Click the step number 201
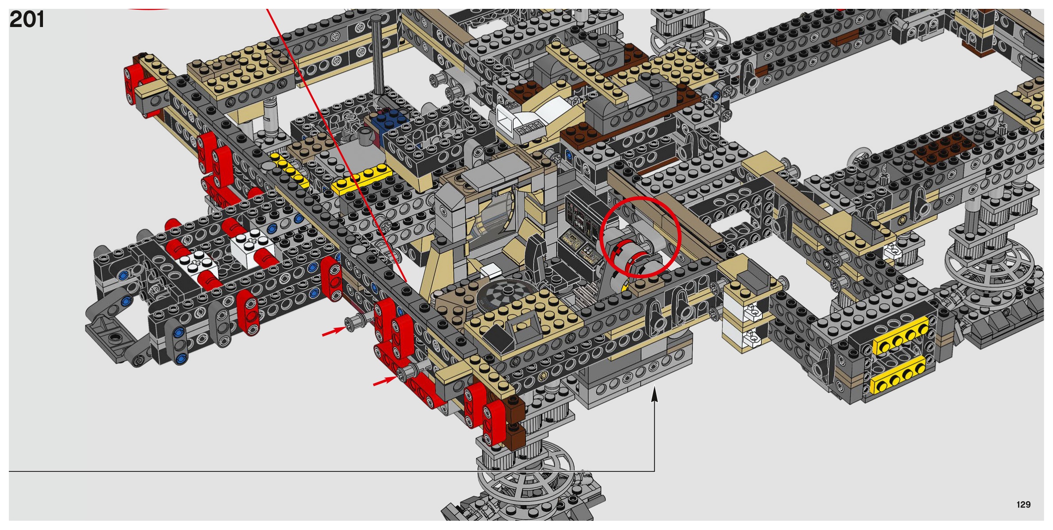(27, 19)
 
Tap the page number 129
(1023, 504)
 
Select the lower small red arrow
(385, 381)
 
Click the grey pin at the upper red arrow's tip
(356, 322)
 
